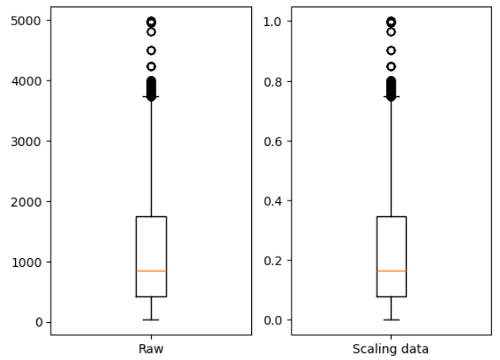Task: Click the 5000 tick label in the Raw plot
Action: pyautogui.click(x=26, y=21)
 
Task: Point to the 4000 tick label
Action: pyautogui.click(x=27, y=81)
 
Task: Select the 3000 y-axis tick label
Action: pyautogui.click(x=26, y=142)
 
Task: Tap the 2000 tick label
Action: pyautogui.click(x=26, y=202)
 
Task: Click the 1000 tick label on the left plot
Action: pyautogui.click(x=27, y=263)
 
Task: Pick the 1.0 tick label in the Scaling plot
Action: pyautogui.click(x=273, y=21)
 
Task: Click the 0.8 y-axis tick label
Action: pyautogui.click(x=273, y=82)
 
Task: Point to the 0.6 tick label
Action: pyautogui.click(x=273, y=141)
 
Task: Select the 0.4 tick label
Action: pyautogui.click(x=273, y=201)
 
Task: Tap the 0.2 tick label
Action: pyautogui.click(x=273, y=261)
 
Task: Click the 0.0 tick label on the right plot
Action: pyautogui.click(x=273, y=321)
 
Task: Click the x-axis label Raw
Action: pyautogui.click(x=151, y=349)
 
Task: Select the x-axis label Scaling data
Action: pyautogui.click(x=391, y=349)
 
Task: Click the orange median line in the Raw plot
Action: pyautogui.click(x=151, y=271)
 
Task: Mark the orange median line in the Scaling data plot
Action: pyautogui.click(x=391, y=271)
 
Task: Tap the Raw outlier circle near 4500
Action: pyautogui.click(x=151, y=51)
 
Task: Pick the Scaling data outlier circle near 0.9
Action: pyautogui.click(x=391, y=51)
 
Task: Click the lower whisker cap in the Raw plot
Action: pyautogui.click(x=151, y=320)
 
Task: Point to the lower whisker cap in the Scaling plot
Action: pyautogui.click(x=391, y=320)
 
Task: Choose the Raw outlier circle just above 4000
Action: pyautogui.click(x=151, y=66)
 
